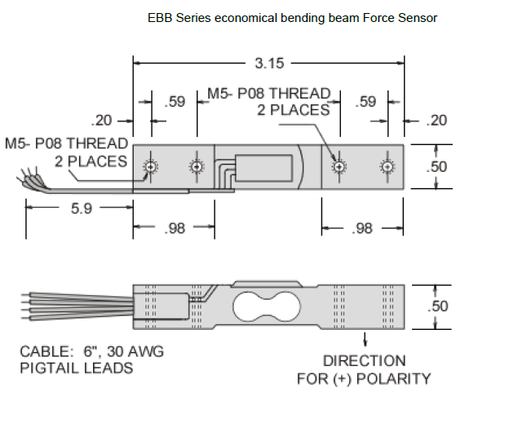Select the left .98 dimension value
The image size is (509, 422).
coord(175,229)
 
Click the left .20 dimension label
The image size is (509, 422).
coord(102,121)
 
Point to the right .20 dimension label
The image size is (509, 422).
coord(437,121)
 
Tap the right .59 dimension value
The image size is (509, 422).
coord(367,102)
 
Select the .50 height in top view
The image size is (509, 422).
coord(438,167)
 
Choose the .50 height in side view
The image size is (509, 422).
coord(438,306)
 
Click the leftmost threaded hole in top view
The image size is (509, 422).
coord(149,167)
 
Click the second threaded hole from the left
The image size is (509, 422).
coord(196,167)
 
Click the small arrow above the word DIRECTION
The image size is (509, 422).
coord(364,339)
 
